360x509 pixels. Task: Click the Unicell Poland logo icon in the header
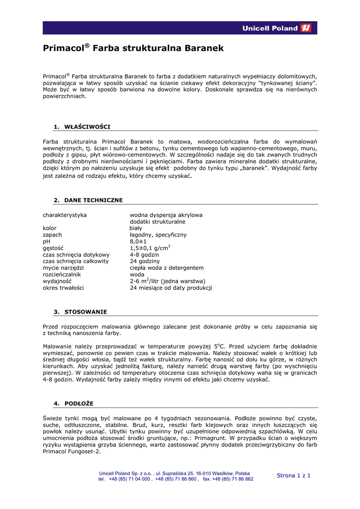click(306, 28)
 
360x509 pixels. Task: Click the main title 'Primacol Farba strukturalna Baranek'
click(133, 49)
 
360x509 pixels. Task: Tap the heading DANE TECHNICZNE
click(93, 200)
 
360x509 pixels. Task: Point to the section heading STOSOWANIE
click(86, 312)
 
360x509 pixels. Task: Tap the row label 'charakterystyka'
click(65, 215)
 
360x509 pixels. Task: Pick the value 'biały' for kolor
click(136, 228)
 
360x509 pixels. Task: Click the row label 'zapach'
click(52, 235)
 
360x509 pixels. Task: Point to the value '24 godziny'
click(145, 261)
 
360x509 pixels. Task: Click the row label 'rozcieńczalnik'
click(62, 274)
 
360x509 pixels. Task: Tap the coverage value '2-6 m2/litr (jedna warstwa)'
click(167, 281)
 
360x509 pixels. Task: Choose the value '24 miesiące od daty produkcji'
click(171, 288)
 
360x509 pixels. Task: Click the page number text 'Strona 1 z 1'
click(293, 476)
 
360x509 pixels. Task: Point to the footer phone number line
click(176, 479)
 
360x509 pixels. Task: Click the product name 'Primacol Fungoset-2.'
click(72, 451)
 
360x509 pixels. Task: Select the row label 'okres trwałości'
click(63, 288)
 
